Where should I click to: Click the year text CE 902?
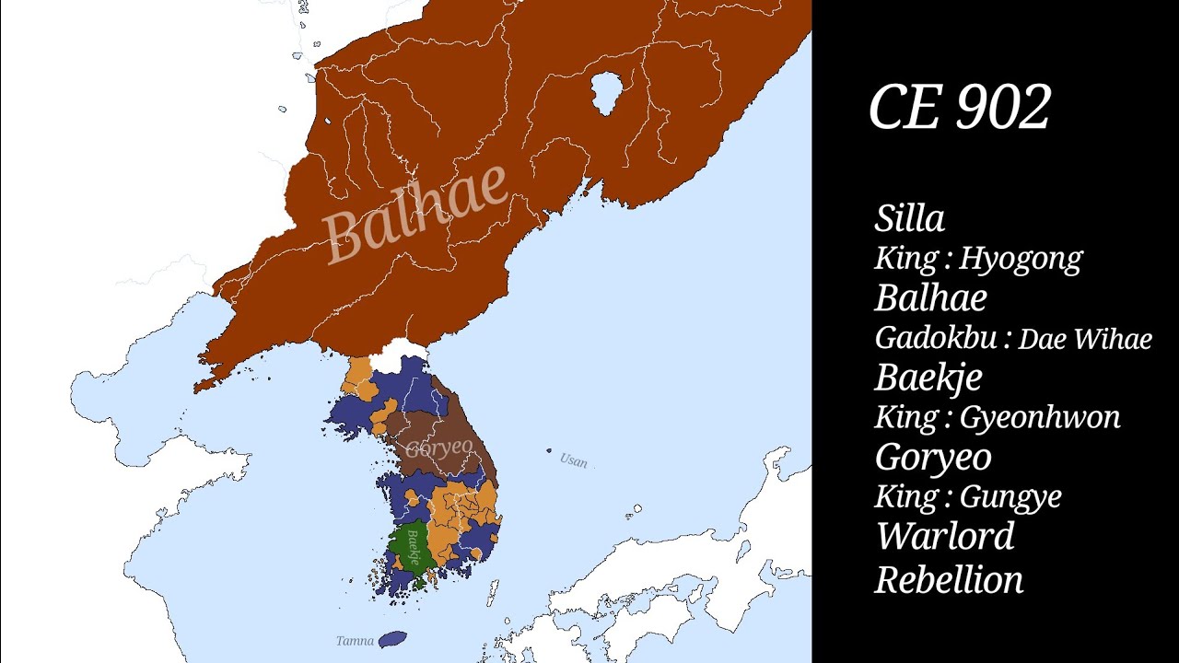point(959,108)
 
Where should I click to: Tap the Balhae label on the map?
point(416,214)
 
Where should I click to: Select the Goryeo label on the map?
point(439,448)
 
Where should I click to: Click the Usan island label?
point(573,460)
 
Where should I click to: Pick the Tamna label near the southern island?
point(355,641)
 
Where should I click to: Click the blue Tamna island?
point(393,638)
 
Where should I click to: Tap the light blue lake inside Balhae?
point(605,93)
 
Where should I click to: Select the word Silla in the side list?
point(909,219)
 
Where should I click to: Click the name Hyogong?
point(1021,259)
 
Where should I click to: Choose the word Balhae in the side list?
point(930,298)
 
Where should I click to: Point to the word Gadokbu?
point(937,338)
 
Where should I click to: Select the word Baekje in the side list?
point(928,378)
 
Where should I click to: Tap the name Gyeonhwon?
point(1040,417)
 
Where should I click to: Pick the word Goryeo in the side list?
point(933,457)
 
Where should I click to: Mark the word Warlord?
point(945,536)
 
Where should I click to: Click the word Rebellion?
point(949,580)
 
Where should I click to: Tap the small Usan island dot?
point(550,451)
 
